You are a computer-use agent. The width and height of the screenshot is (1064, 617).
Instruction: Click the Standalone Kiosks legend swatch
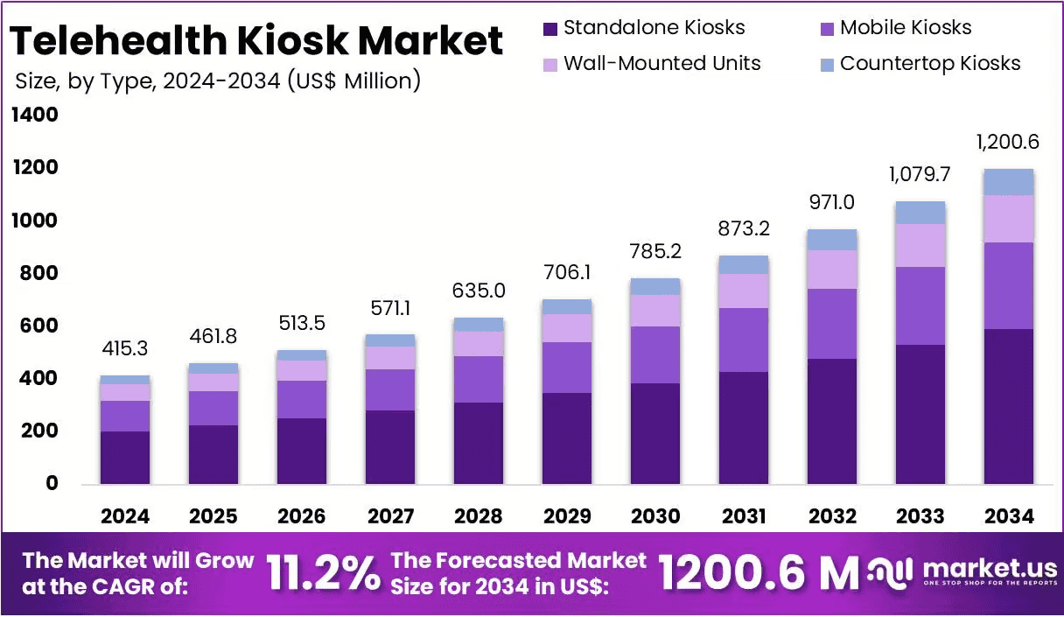click(550, 29)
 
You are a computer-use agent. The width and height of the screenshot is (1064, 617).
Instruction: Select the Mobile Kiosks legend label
click(906, 27)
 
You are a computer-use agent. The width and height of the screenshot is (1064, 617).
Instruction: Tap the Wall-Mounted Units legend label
click(662, 63)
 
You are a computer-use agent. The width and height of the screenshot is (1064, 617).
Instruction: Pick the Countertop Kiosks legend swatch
click(827, 65)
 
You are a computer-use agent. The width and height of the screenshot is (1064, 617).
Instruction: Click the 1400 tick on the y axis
click(35, 115)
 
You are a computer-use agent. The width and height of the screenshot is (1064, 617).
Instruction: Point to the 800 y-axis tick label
click(38, 273)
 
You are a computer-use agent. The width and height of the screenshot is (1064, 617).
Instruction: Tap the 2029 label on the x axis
click(567, 516)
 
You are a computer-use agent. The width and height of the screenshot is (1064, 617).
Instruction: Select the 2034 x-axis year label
click(1009, 516)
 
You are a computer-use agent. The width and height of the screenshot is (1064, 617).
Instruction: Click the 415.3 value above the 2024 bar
click(125, 348)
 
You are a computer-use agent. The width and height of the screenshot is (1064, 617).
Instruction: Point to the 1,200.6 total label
click(1007, 142)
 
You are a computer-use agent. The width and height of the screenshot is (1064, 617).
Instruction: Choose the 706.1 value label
click(567, 272)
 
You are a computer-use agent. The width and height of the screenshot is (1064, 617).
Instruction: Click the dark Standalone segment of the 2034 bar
click(1009, 407)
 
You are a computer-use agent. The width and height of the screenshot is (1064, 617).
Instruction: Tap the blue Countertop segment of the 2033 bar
click(920, 213)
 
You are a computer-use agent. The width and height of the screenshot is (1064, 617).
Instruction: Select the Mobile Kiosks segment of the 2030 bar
click(655, 354)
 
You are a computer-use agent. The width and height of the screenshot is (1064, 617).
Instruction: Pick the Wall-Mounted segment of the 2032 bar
click(832, 270)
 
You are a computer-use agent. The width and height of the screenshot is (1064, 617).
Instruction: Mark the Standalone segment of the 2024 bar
click(125, 458)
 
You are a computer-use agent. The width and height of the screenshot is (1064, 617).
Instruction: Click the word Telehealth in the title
click(118, 40)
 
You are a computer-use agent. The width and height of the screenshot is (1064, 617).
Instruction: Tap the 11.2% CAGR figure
click(324, 573)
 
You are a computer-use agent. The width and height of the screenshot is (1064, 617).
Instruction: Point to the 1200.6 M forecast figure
click(759, 573)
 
